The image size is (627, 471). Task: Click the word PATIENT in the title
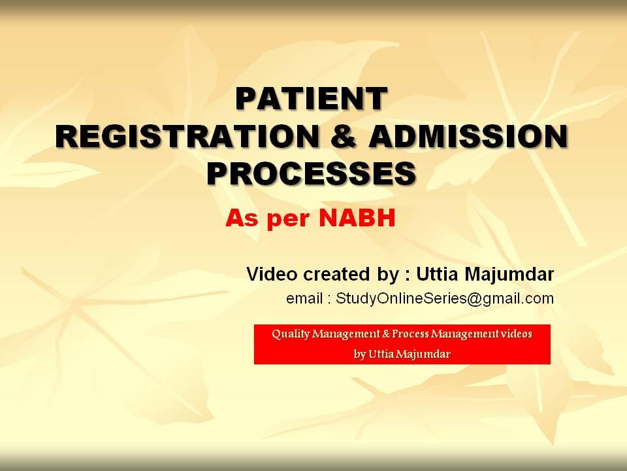click(311, 99)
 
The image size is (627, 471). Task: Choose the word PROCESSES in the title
click(311, 173)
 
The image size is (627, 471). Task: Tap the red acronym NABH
click(357, 218)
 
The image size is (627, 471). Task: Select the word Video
click(268, 273)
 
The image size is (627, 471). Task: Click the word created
click(325, 273)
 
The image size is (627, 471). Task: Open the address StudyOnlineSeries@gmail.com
click(445, 300)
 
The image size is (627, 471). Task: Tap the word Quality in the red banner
click(290, 334)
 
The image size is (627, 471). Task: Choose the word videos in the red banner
click(516, 334)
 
